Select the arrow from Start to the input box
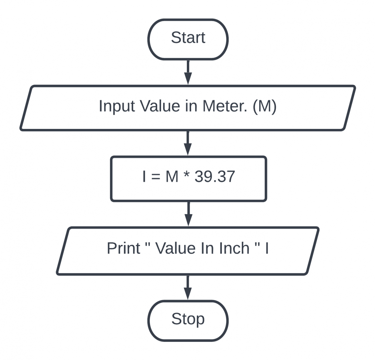tap(188, 73)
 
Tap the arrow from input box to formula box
tap(188, 143)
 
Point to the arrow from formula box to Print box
tap(188, 214)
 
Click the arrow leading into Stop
tap(188, 288)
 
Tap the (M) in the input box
tap(264, 106)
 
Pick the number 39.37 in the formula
tap(215, 177)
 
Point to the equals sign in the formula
tap(156, 177)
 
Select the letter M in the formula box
tap(172, 177)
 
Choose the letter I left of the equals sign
tap(144, 177)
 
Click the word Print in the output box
tap(123, 249)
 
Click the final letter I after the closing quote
tap(267, 249)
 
